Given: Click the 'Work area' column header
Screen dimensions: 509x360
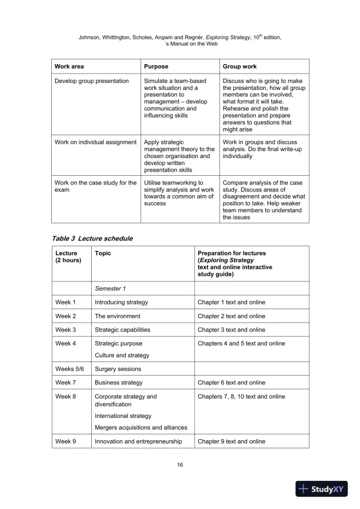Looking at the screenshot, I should (69, 67).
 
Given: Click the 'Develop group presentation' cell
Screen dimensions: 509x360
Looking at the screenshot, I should (92, 81).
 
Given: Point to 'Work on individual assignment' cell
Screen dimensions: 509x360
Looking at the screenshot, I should (95, 142).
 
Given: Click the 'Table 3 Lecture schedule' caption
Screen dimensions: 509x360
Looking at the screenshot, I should (92, 239).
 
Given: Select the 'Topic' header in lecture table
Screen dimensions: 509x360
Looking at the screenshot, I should (103, 253).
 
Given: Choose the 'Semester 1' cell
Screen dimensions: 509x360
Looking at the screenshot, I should (111, 288).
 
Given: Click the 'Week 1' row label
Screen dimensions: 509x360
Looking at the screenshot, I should (66, 302).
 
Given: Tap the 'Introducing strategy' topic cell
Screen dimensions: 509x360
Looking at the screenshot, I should (121, 302).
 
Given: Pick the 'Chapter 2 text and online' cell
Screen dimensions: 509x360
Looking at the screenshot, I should (231, 316).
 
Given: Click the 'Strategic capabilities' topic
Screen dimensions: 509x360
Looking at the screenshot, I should (122, 330).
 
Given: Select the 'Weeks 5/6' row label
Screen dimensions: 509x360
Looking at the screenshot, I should (69, 369).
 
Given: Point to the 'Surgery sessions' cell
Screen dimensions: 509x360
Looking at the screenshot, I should (118, 369).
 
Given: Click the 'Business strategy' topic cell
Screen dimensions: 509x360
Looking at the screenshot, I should (118, 383).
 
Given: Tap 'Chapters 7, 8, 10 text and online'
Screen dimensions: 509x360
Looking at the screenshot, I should (241, 397).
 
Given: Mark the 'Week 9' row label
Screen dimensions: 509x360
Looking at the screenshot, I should (66, 441).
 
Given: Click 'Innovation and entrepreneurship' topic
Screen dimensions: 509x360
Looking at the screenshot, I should (138, 441).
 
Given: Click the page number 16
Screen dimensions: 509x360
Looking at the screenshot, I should (180, 466).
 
